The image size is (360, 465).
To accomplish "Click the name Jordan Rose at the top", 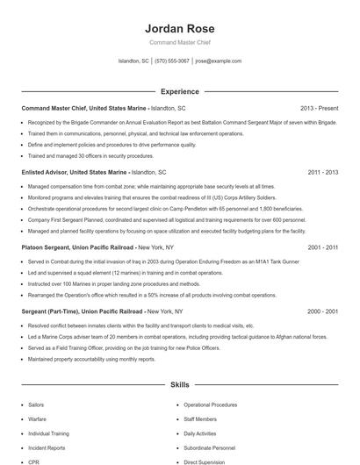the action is [x=179, y=28].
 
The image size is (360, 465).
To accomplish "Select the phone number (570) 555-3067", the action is [x=172, y=61].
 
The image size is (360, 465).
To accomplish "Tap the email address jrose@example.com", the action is [x=218, y=61].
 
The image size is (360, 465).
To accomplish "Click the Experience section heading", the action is [x=179, y=91].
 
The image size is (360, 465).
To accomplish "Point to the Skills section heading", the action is [x=179, y=384].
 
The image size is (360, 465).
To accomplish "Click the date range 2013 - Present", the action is [x=319, y=108].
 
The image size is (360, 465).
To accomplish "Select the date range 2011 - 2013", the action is [x=323, y=173].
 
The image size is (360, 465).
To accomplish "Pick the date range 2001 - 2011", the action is [x=323, y=248].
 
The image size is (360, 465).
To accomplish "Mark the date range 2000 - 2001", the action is [x=323, y=311].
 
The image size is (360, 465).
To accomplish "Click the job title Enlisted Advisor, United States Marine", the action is [x=75, y=173].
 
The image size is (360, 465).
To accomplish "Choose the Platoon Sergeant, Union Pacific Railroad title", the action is [x=78, y=248].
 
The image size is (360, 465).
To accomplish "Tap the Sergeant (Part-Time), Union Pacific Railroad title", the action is [x=83, y=311].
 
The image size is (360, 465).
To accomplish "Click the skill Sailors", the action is [x=36, y=405].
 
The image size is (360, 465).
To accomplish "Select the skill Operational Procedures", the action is [x=210, y=405].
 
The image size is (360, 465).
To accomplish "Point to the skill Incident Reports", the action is [x=47, y=447].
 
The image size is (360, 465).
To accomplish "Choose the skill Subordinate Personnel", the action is [x=209, y=447].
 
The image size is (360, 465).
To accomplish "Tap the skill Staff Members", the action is [x=200, y=419].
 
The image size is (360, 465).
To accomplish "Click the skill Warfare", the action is [x=37, y=419].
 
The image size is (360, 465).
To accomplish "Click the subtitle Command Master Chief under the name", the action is [x=179, y=41].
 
